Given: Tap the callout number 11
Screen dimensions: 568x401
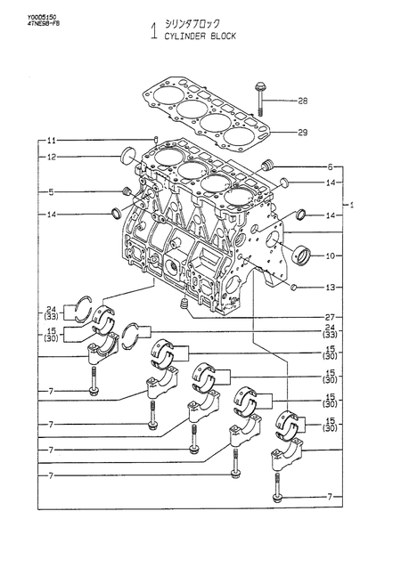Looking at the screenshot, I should point(52,141).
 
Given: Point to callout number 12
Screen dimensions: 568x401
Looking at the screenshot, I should point(52,158).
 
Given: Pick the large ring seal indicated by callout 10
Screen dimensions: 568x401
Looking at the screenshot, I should point(301,256).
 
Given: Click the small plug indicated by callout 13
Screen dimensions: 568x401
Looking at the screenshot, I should point(295,287).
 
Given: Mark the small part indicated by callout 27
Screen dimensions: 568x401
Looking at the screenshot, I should point(183,306).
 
